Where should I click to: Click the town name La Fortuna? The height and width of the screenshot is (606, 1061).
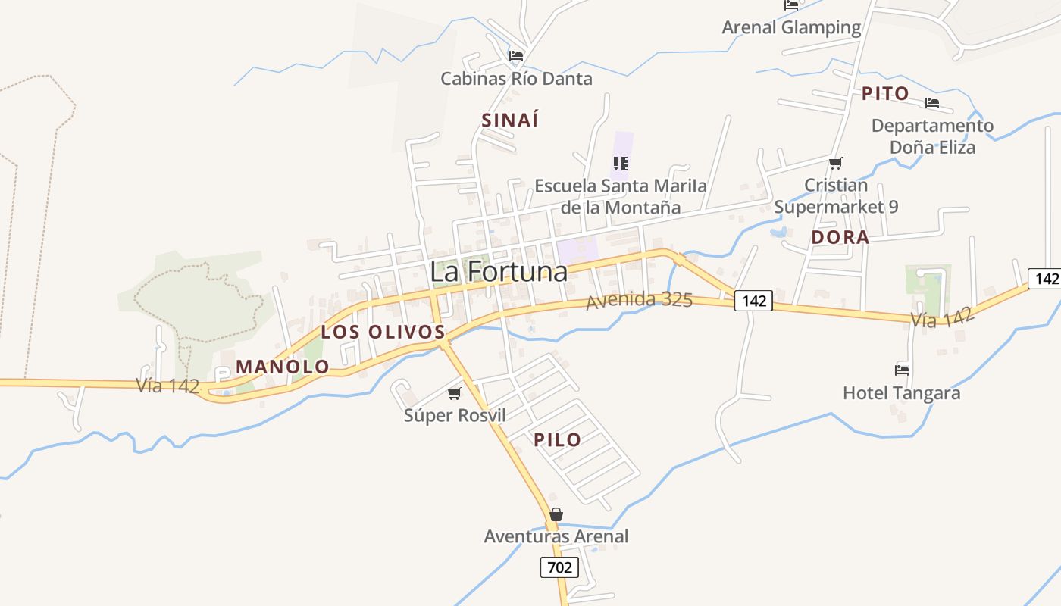498,271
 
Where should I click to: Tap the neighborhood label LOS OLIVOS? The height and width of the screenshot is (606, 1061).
383,332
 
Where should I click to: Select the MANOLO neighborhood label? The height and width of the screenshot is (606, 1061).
283,367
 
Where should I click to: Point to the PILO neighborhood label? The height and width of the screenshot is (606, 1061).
557,439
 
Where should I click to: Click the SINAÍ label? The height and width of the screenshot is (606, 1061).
510,120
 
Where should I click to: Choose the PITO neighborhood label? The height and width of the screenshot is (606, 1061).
885,94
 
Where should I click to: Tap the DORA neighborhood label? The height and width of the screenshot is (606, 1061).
840,237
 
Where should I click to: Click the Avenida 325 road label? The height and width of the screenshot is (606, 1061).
639,300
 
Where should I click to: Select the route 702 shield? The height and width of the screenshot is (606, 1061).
559,567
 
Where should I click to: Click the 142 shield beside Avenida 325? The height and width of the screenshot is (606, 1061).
753,301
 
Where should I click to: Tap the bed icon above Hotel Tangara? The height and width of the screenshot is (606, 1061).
901,370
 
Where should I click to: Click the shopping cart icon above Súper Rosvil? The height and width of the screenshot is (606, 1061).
455,393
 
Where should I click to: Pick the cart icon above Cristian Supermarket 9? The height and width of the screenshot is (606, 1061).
836,163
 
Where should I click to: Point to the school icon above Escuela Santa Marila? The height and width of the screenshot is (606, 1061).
621,163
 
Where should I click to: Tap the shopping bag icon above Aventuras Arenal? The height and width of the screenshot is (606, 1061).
556,514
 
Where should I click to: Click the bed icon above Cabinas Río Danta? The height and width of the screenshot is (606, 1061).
516,55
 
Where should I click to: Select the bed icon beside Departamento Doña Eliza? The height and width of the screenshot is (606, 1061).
932,103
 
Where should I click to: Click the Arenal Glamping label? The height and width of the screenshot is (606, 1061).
791,28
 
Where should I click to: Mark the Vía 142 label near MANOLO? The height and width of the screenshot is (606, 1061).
167,386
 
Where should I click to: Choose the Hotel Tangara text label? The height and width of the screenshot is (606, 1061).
901,393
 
